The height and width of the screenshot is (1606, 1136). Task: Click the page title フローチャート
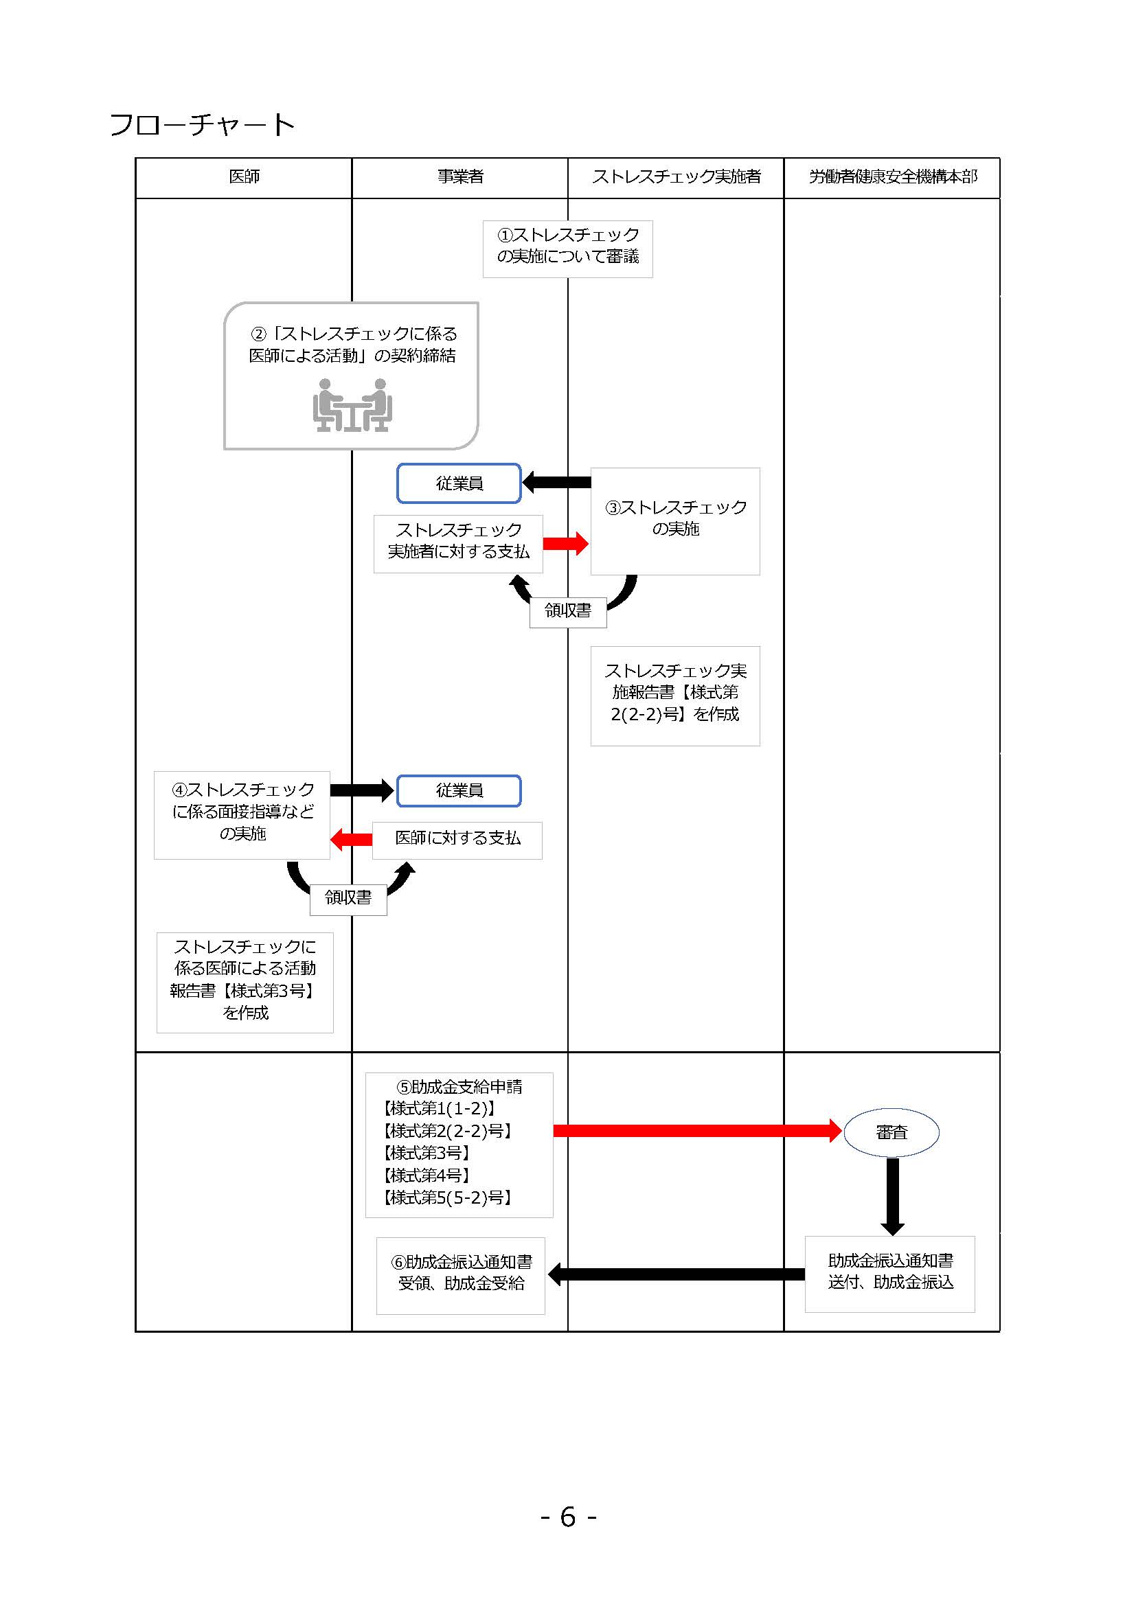[202, 124]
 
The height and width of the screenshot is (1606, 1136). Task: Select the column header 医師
[244, 176]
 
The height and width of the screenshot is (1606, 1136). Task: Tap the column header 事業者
[460, 176]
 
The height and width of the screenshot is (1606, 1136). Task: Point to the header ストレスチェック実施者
[677, 176]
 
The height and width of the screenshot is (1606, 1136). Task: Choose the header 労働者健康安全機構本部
[893, 176]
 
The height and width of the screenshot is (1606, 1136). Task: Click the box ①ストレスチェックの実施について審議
[568, 249]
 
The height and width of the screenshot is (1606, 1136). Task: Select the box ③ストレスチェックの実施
[675, 521]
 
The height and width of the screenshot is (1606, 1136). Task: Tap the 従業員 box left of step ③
[459, 483]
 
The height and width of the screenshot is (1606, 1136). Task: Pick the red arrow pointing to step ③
[566, 544]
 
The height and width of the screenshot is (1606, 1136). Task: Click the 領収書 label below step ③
[568, 610]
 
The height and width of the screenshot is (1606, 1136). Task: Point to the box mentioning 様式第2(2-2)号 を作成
[675, 696]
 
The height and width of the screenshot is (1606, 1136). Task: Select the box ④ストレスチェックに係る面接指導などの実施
[242, 815]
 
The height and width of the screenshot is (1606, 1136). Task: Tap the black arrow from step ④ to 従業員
[363, 790]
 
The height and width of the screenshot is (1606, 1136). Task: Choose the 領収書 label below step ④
[348, 897]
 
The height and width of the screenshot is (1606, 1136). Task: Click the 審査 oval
[892, 1132]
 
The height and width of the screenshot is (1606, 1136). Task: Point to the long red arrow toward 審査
[697, 1130]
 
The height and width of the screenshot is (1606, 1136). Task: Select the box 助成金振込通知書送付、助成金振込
[889, 1274]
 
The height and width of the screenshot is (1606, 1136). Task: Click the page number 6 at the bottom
[568, 1517]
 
